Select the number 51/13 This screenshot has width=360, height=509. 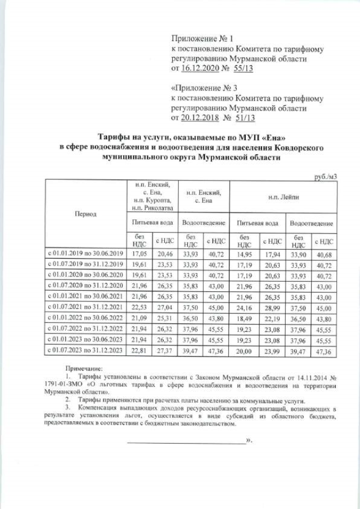click(244, 118)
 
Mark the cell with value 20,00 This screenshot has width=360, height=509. click(245, 351)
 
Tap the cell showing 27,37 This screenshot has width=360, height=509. click(164, 351)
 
